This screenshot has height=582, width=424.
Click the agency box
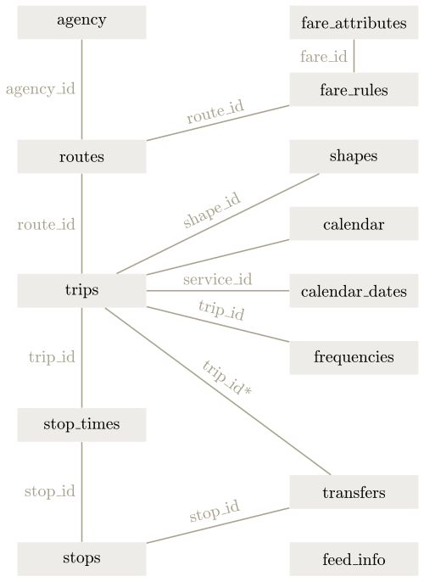[x=81, y=22]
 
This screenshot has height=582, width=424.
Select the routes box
[x=81, y=156]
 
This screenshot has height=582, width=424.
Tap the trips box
[x=81, y=291]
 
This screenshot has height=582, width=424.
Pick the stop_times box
[x=81, y=424]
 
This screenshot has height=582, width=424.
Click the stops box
[x=81, y=558]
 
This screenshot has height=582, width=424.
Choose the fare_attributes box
[x=354, y=22]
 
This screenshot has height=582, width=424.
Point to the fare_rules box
[x=354, y=89]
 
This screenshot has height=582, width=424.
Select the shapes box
[x=354, y=156]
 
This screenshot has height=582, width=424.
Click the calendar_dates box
[x=354, y=291]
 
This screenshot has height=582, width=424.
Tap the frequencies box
[x=354, y=358]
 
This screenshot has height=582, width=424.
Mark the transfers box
[x=354, y=492]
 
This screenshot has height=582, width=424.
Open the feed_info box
[x=354, y=558]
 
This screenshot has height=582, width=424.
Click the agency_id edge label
[x=41, y=89]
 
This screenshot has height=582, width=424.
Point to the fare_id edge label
[x=323, y=57]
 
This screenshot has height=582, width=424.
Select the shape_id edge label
[x=212, y=210]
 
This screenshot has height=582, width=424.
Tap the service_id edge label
[x=218, y=279]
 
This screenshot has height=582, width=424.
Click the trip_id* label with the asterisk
[x=227, y=378]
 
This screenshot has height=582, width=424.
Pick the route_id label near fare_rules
[x=215, y=111]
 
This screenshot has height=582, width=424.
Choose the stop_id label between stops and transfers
[x=215, y=511]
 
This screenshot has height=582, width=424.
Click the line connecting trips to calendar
[x=218, y=257]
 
